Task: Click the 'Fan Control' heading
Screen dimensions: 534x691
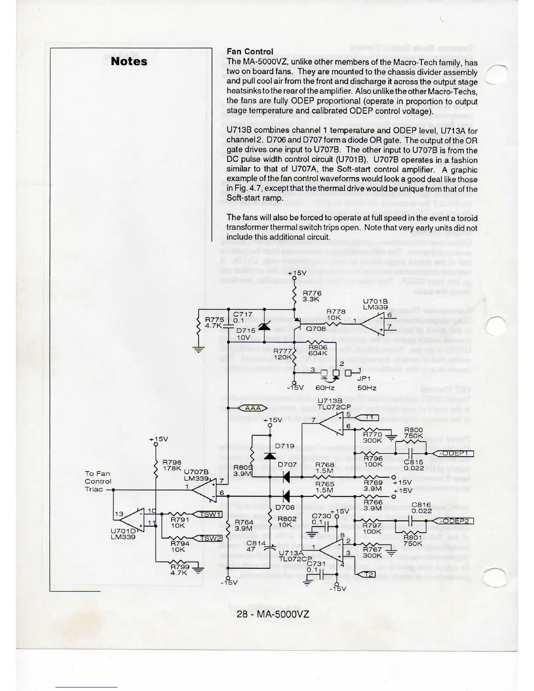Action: (250, 51)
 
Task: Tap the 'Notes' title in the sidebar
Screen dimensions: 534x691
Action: (129, 61)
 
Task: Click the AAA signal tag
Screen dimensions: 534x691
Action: (253, 408)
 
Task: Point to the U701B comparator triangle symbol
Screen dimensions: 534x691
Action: (373, 322)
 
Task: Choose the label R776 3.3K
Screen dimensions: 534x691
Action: (312, 296)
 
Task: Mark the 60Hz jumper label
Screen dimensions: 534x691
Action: (325, 388)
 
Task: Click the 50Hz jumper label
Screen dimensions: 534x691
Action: (366, 388)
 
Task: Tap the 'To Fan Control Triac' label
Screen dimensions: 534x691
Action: (98, 481)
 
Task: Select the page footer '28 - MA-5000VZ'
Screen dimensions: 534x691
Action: (273, 614)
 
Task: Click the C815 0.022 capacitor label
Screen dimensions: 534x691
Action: (413, 465)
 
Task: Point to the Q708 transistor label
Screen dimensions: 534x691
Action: (315, 328)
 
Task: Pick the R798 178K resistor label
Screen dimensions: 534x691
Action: (171, 465)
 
